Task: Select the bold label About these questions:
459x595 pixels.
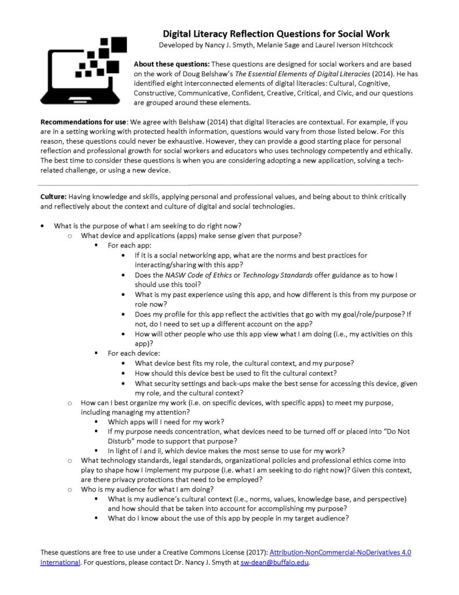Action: pyautogui.click(x=172, y=64)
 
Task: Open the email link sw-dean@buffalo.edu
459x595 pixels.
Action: pyautogui.click(x=274, y=562)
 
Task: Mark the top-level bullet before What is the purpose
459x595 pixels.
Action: pyautogui.click(x=43, y=225)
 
